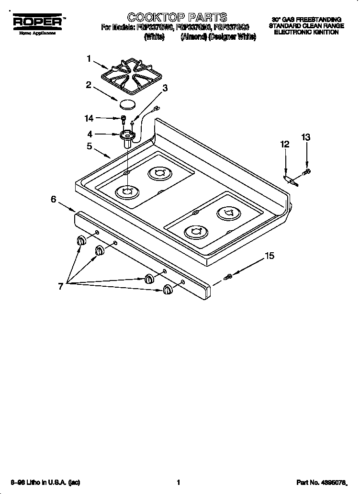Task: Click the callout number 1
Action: coord(89,59)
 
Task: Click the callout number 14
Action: coord(90,117)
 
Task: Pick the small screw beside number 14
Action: coord(124,118)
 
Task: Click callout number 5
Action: coord(90,146)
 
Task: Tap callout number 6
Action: coord(54,200)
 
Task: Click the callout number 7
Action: coord(61,286)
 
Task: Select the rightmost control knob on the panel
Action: coord(168,289)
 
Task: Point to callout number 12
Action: coord(285,144)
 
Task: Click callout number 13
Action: coord(306,137)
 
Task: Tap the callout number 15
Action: coord(270,256)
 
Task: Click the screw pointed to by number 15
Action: coord(228,277)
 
